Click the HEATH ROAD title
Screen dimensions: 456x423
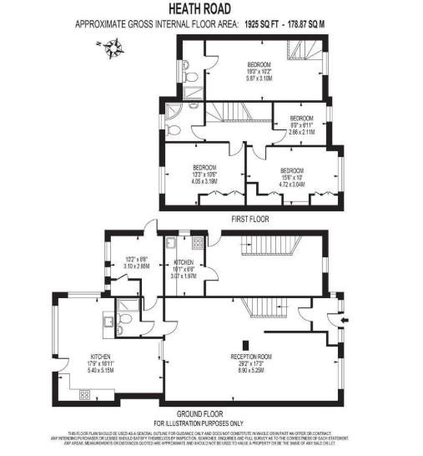tap(211, 9)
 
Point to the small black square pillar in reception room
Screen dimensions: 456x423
tap(244, 345)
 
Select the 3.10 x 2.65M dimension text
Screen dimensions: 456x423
tap(137, 266)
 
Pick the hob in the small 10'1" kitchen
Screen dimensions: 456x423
tap(197, 242)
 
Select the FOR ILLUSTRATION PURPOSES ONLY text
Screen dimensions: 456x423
tap(211, 423)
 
